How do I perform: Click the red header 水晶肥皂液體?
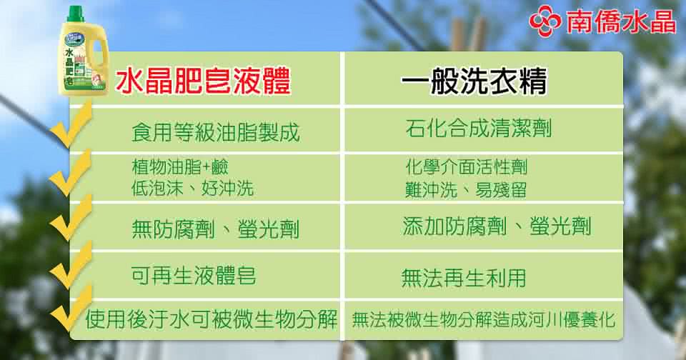[x=203, y=81]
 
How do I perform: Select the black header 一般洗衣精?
[x=474, y=81]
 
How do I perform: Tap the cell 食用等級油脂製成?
[x=216, y=132]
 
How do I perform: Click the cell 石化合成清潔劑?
[x=479, y=128]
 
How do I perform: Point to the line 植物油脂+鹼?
[x=180, y=166]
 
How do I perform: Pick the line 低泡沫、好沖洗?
[x=192, y=188]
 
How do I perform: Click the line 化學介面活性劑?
[x=467, y=166]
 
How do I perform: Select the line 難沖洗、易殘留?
[x=465, y=189]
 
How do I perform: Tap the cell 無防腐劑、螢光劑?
[x=215, y=229]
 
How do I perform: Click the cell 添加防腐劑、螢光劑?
[x=497, y=226]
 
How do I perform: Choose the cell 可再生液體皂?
[x=194, y=276]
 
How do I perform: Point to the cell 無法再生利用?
[x=463, y=278]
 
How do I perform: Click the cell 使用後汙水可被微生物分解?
[x=212, y=319]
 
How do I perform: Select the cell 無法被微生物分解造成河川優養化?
[x=484, y=319]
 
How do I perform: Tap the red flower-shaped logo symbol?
[x=545, y=21]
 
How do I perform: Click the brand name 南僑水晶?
[x=621, y=21]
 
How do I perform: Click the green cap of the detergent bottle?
[x=76, y=14]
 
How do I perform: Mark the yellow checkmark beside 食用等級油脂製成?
[x=70, y=126]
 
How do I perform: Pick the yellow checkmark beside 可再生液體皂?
[x=71, y=265]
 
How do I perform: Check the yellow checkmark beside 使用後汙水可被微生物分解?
[x=71, y=309]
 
